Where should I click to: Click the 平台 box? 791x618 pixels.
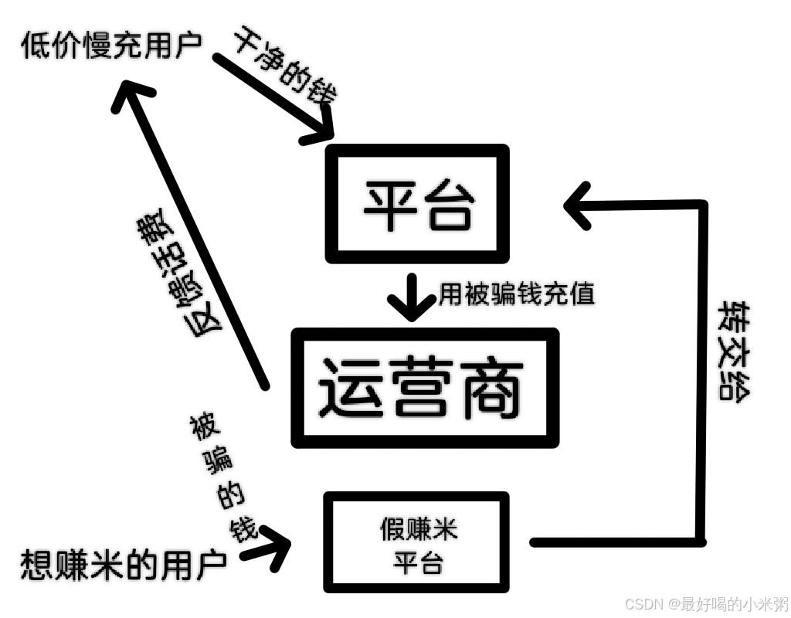pos(418,203)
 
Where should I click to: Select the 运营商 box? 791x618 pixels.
pos(424,388)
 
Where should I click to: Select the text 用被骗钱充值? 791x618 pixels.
pos(517,294)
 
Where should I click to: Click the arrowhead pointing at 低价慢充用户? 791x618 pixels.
pos(133,96)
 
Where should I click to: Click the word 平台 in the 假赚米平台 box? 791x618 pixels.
pos(418,563)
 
